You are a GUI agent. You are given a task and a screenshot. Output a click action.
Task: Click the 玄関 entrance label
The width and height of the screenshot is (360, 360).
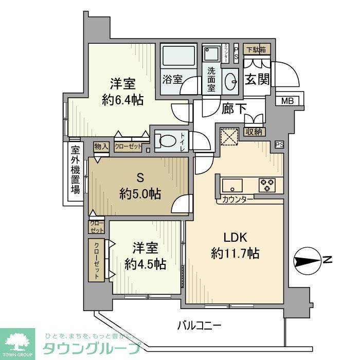256,80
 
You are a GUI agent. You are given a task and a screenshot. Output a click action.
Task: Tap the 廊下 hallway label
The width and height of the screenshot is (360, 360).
234,109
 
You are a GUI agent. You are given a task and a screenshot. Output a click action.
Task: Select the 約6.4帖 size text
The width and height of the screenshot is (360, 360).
123,100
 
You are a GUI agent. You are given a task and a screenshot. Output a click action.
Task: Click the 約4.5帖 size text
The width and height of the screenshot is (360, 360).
145,264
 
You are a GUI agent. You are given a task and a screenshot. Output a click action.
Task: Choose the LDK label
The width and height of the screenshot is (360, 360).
235,238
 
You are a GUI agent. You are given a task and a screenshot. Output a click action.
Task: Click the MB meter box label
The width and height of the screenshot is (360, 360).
287,101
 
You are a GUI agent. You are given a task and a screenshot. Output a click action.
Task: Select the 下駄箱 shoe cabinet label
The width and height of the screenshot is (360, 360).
256,50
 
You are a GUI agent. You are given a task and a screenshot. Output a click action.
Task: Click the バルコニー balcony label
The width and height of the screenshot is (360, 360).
199,326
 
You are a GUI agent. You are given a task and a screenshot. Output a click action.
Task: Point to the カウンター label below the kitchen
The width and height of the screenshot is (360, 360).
238,199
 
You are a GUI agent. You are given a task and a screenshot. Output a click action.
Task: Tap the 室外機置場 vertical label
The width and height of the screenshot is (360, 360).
76,170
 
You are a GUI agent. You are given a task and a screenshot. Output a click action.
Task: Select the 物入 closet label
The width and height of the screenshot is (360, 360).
101,147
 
